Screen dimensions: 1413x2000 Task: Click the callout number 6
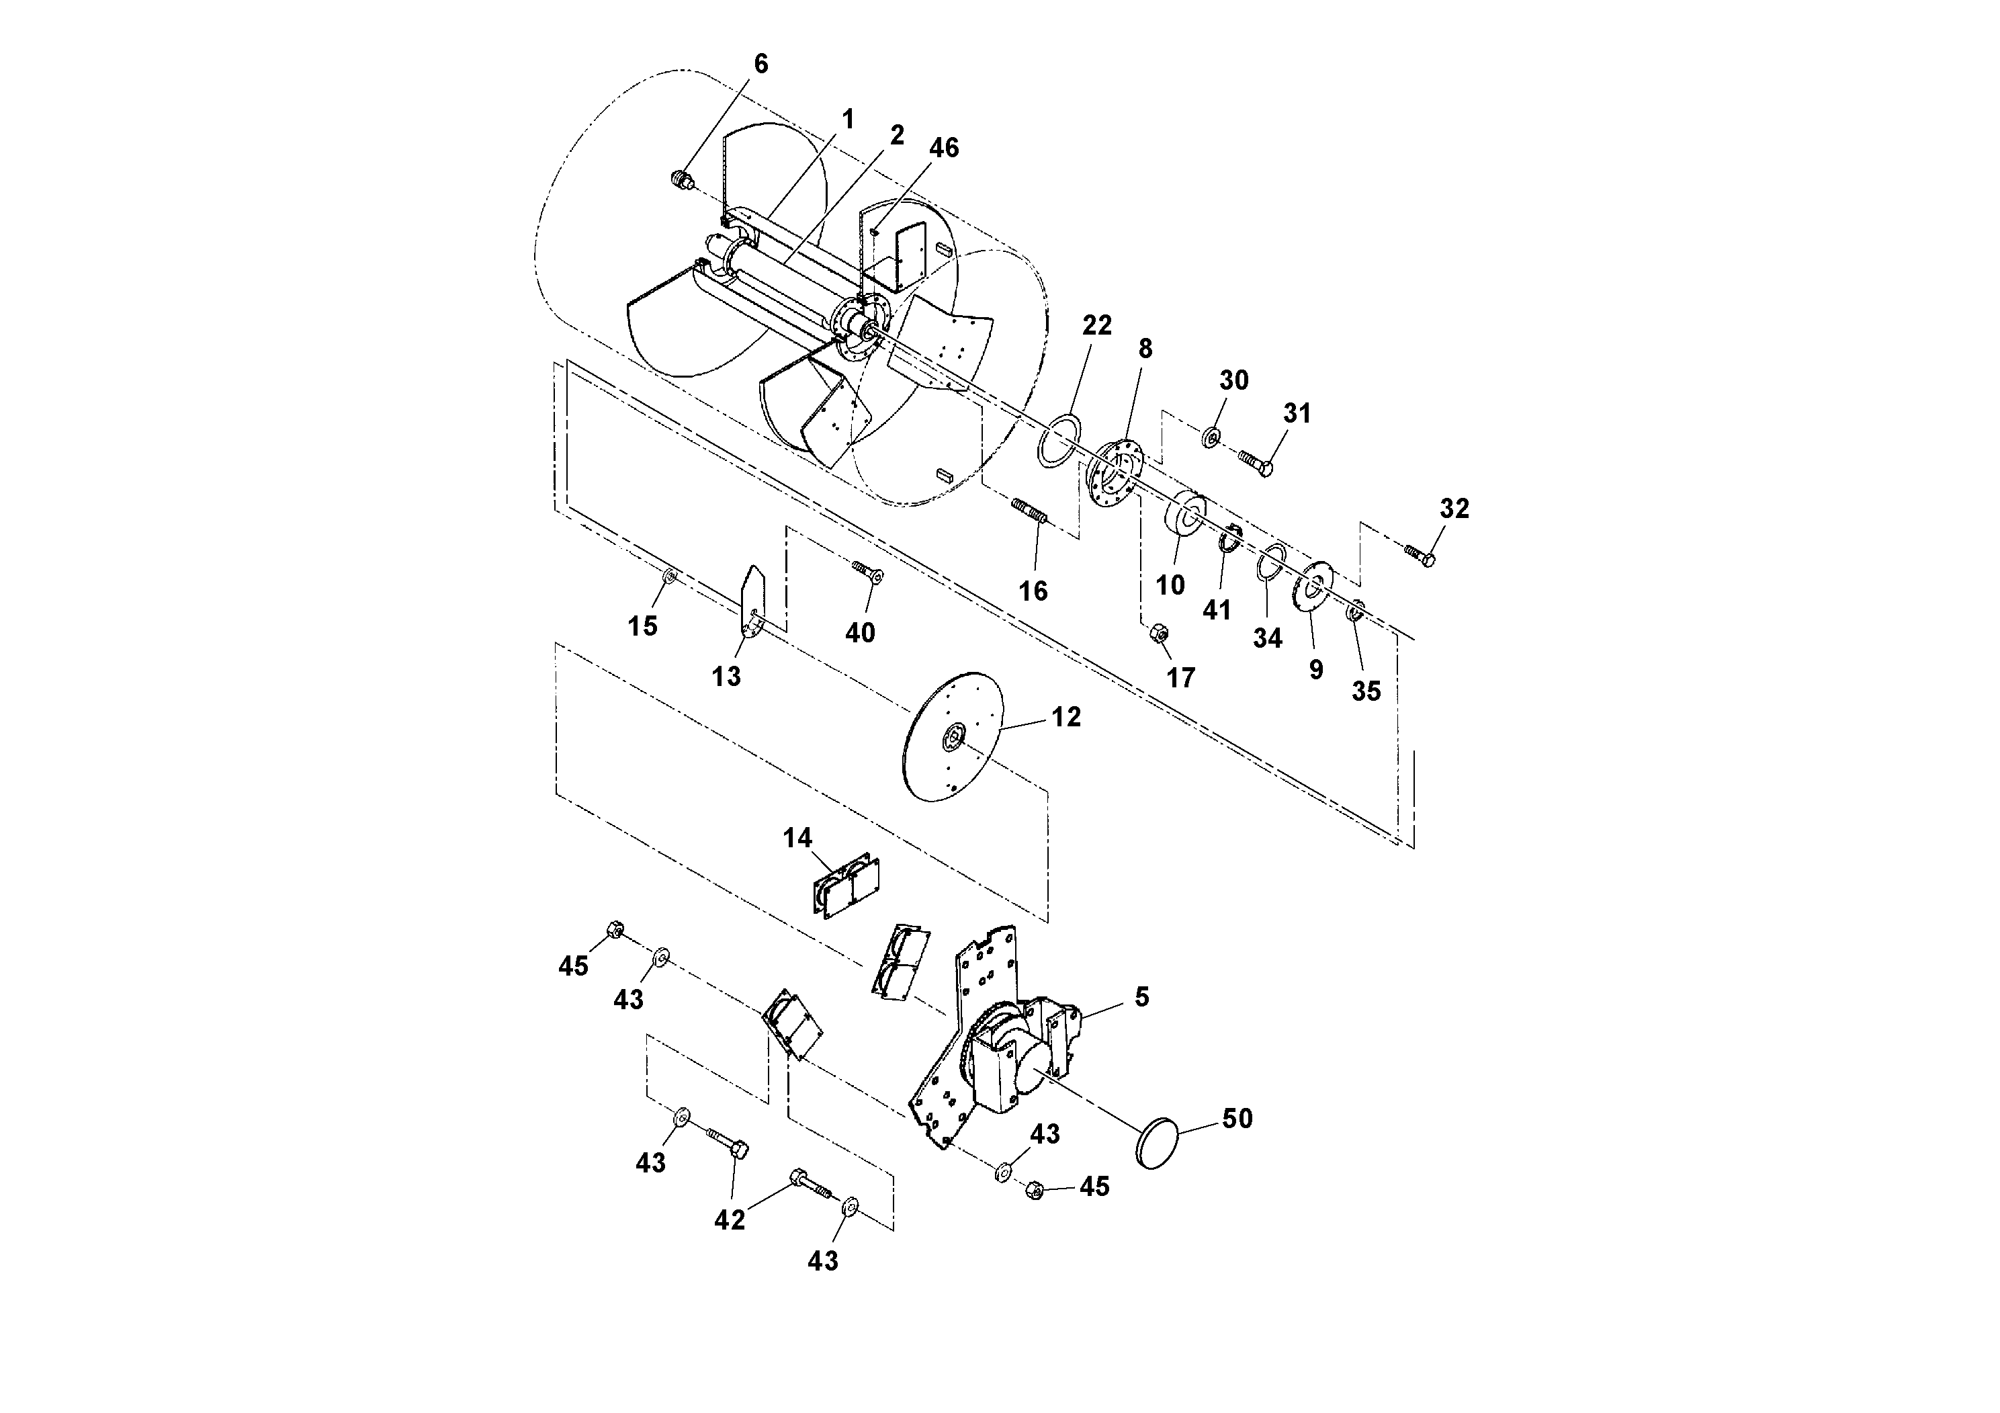click(760, 64)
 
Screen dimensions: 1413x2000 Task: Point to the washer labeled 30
click(1211, 437)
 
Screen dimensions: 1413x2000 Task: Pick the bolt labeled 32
click(1420, 555)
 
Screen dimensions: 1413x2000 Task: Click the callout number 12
click(1066, 717)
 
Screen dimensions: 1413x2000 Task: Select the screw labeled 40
click(867, 572)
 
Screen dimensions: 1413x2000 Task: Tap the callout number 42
click(730, 1220)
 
